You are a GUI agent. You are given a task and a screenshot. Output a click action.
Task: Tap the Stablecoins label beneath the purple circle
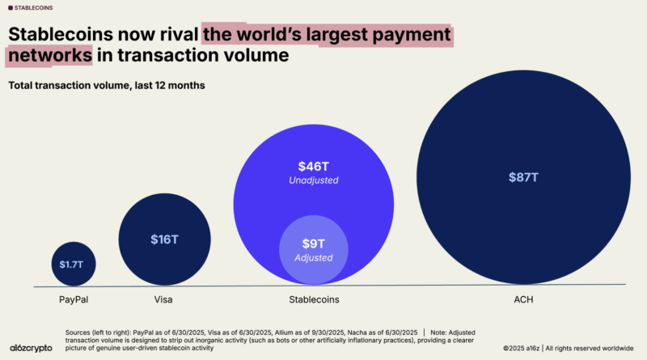point(313,299)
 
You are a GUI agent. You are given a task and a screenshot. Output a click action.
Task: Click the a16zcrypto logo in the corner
point(31,345)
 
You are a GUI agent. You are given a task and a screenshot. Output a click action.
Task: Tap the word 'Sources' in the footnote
point(81,332)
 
